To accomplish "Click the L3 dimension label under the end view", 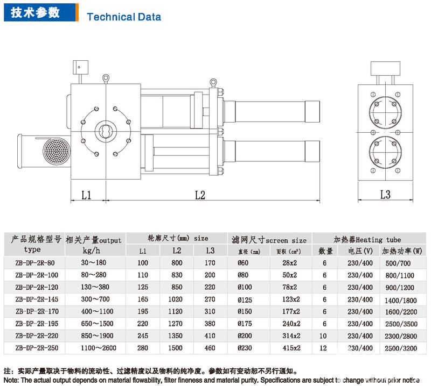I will (x=385, y=195).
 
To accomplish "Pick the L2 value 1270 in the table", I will (x=177, y=324).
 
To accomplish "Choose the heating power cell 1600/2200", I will (x=401, y=311).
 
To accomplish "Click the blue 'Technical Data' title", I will (x=124, y=17).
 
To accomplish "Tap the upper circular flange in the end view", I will (x=385, y=111).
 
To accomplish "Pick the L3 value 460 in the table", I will (x=210, y=348).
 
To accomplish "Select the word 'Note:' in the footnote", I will (x=11, y=380).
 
